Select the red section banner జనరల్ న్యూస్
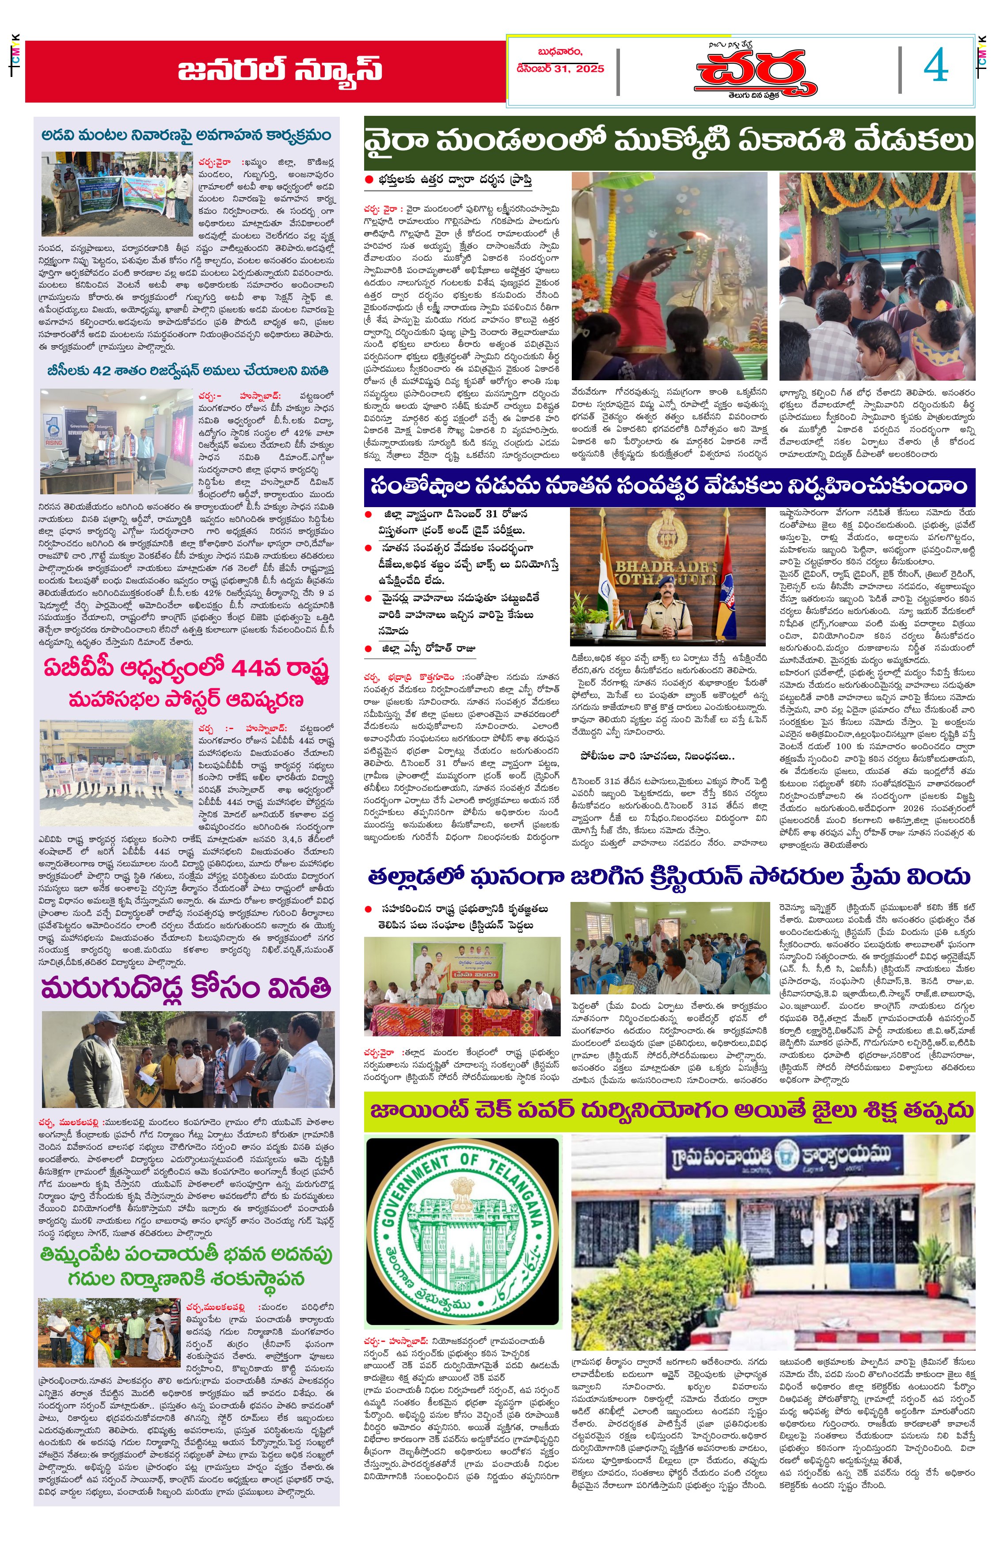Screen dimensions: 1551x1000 point(279,70)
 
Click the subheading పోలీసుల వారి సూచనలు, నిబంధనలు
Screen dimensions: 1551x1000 point(657,756)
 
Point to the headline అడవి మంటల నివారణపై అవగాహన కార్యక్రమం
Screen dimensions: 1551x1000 point(186,135)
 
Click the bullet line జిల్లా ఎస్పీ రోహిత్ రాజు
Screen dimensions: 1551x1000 point(429,648)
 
